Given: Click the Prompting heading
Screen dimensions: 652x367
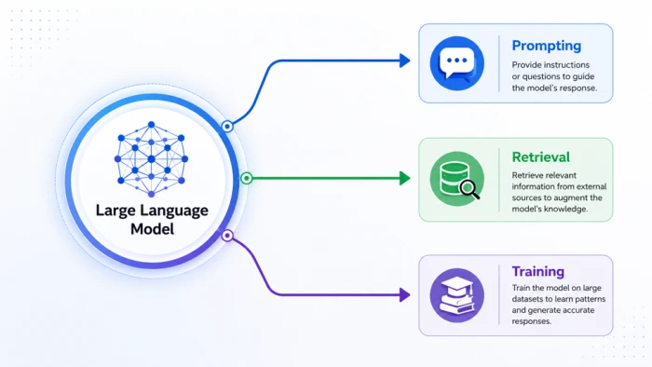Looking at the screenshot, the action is (547, 46).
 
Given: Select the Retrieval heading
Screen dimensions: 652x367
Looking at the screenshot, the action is (540, 157).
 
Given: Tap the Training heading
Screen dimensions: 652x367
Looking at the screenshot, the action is (538, 271).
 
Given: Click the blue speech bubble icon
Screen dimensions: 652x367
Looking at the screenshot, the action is (457, 63).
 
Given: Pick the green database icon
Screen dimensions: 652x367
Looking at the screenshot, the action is (457, 179).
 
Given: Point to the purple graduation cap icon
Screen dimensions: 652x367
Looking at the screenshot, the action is (457, 295).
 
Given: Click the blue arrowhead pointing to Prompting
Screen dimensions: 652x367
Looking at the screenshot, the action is (404, 61).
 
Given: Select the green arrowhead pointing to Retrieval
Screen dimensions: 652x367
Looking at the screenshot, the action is (404, 178).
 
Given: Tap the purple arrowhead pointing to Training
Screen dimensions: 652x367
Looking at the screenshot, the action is (404, 295).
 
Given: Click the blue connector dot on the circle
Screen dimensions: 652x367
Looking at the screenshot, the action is (227, 126).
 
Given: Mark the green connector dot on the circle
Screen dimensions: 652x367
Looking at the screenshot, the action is (247, 178).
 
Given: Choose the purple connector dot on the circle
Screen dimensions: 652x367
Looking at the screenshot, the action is (227, 236).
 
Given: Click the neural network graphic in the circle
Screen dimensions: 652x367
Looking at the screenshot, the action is (151, 158).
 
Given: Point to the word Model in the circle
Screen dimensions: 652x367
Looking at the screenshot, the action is (152, 229).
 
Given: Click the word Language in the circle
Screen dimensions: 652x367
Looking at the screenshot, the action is (174, 211).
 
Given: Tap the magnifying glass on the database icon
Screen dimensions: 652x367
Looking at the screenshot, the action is (470, 190).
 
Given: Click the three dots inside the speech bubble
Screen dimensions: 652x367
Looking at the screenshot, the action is (457, 61).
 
